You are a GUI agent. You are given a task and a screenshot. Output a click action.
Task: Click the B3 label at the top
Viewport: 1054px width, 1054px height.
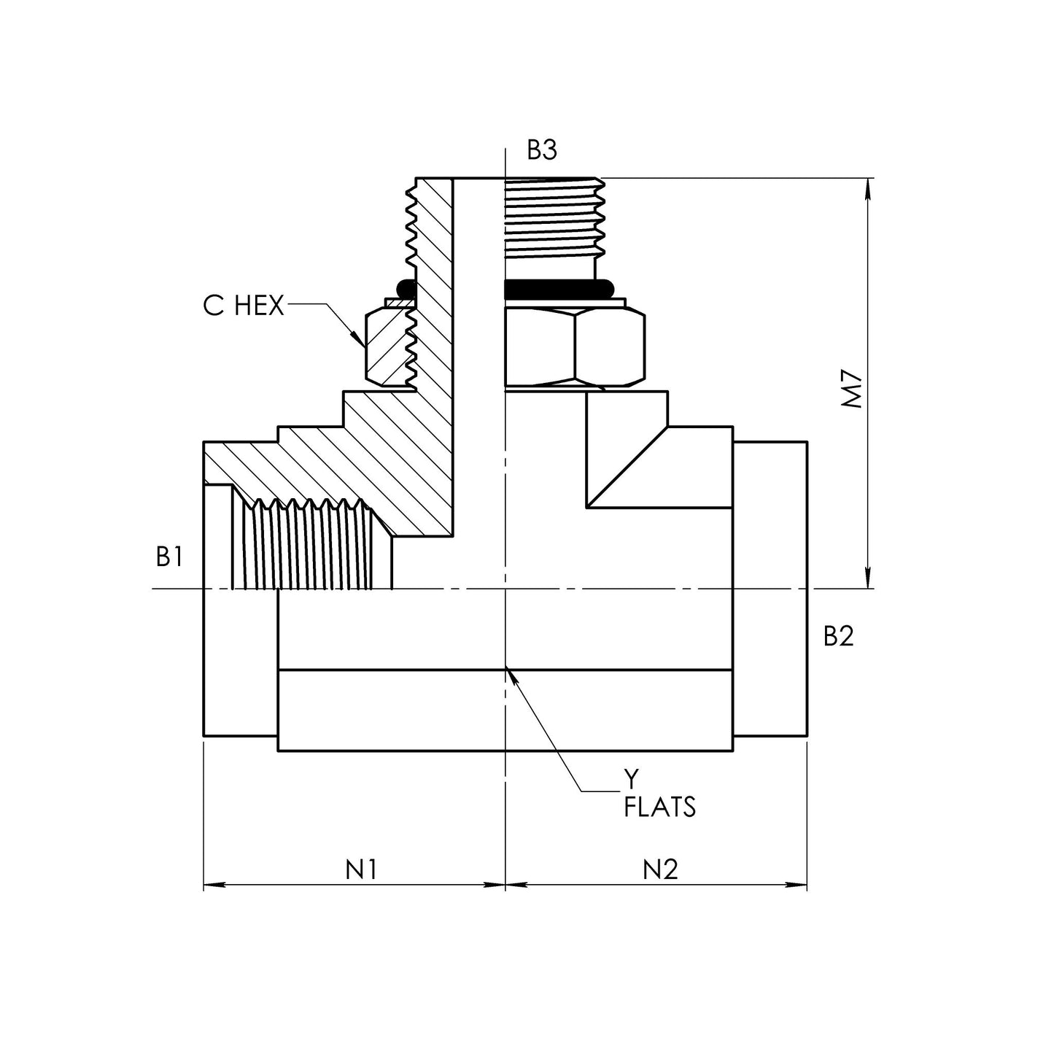[541, 150]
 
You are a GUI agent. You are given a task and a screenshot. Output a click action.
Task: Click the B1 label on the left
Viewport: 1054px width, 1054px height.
[169, 557]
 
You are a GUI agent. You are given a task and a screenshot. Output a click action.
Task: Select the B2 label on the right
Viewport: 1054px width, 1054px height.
[839, 636]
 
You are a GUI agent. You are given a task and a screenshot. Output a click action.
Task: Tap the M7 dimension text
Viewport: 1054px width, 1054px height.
[852, 390]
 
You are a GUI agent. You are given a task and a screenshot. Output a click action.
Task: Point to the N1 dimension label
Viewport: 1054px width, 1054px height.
[361, 869]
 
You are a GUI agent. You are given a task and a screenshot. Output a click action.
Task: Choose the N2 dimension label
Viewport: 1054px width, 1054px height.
[660, 869]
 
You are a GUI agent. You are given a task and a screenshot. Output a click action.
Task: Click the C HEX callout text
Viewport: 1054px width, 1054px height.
[244, 306]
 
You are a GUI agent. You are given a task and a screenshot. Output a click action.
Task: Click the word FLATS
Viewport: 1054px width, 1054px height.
[659, 807]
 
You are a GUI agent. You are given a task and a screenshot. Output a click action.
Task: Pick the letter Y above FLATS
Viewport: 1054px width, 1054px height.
[631, 777]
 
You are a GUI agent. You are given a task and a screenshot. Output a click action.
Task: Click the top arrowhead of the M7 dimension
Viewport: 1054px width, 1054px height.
[867, 188]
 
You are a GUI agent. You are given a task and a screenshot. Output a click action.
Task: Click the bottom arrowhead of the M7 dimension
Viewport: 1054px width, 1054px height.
[867, 578]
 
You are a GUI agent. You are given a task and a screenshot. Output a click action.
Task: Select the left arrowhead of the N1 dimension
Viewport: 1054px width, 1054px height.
[214, 885]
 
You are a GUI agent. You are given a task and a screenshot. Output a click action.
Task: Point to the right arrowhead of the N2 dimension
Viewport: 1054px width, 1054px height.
[797, 885]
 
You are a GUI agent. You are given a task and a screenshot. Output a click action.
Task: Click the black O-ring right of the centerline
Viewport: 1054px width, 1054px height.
[558, 290]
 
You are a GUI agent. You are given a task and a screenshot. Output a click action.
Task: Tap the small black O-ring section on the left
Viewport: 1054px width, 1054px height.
[406, 290]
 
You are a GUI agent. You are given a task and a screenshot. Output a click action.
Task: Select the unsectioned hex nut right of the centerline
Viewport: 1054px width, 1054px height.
[575, 346]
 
